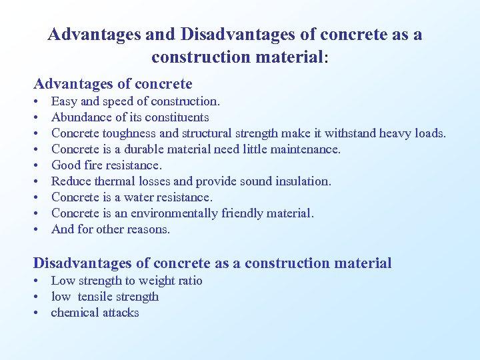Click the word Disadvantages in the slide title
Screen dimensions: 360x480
(x=233, y=34)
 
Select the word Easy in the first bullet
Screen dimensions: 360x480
(x=64, y=101)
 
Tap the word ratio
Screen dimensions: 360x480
(x=188, y=281)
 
